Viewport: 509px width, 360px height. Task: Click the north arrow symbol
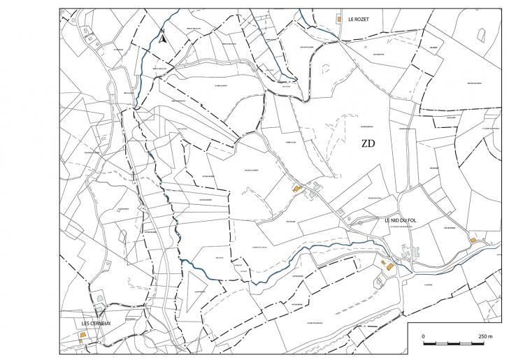click(162, 39)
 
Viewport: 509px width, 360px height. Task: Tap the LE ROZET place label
click(358, 20)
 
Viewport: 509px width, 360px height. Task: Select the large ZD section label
click(368, 145)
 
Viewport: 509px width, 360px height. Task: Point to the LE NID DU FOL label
click(401, 220)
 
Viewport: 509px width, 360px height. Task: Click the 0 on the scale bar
click(424, 336)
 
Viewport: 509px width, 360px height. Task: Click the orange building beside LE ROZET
click(338, 19)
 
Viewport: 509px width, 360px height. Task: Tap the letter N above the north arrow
click(162, 31)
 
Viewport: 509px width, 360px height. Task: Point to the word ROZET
click(361, 20)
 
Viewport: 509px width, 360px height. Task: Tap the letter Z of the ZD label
click(364, 145)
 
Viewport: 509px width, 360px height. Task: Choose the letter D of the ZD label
click(373, 145)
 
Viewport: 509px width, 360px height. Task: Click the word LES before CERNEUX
click(86, 324)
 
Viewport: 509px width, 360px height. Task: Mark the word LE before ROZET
click(350, 20)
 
